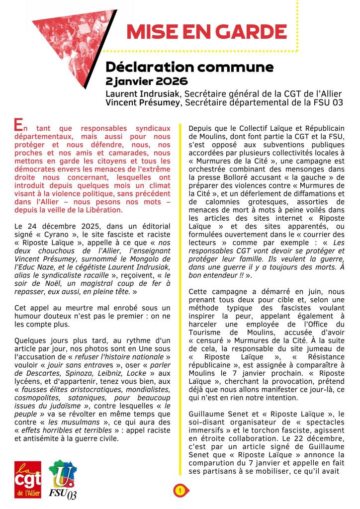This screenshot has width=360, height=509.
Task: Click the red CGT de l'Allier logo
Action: (28, 480)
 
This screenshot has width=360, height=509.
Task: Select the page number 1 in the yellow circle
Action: (180, 491)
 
